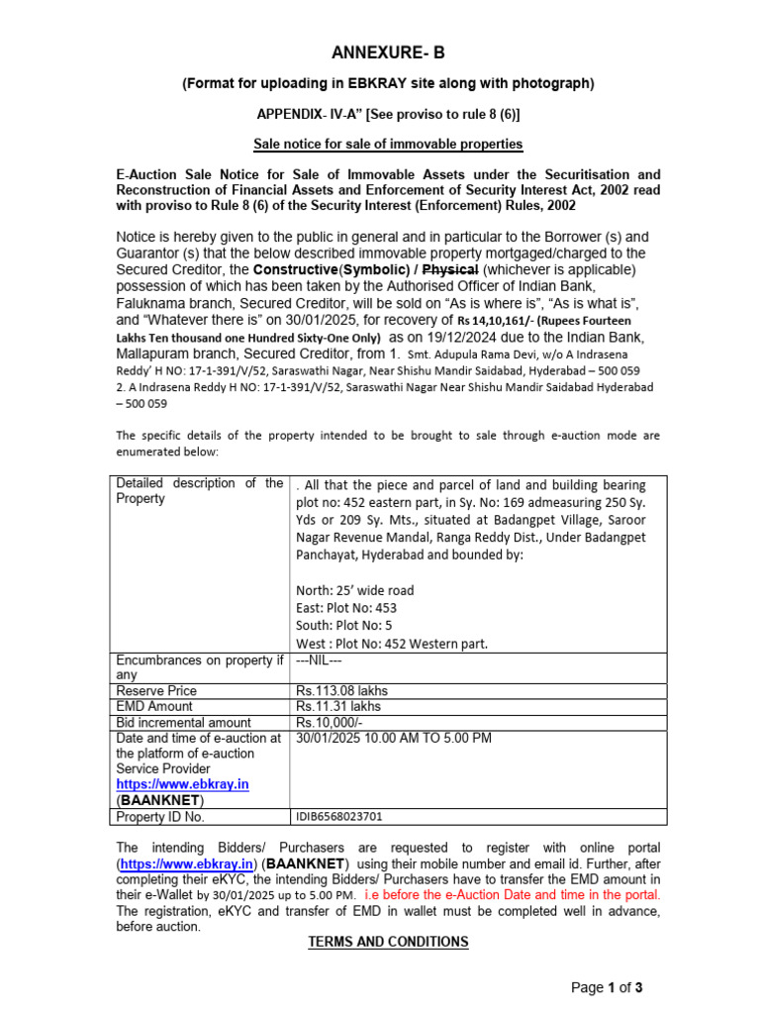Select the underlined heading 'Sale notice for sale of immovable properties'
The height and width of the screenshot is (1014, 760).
click(x=388, y=145)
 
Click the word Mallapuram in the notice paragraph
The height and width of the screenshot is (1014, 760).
click(x=159, y=354)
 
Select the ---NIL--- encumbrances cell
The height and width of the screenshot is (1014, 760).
click(x=319, y=659)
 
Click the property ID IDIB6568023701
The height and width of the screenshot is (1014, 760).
click(x=338, y=817)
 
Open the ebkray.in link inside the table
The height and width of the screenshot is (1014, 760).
click(x=182, y=784)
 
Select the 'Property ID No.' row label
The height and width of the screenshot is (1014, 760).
click(x=160, y=817)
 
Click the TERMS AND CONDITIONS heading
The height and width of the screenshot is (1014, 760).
click(x=388, y=942)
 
